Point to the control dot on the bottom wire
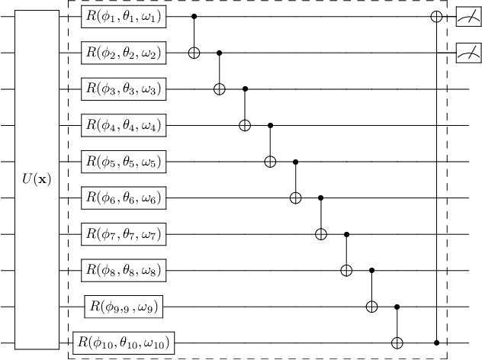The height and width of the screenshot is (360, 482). [437, 343]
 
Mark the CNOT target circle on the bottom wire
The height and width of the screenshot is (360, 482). [397, 343]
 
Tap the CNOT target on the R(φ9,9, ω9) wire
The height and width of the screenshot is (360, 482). [371, 307]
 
